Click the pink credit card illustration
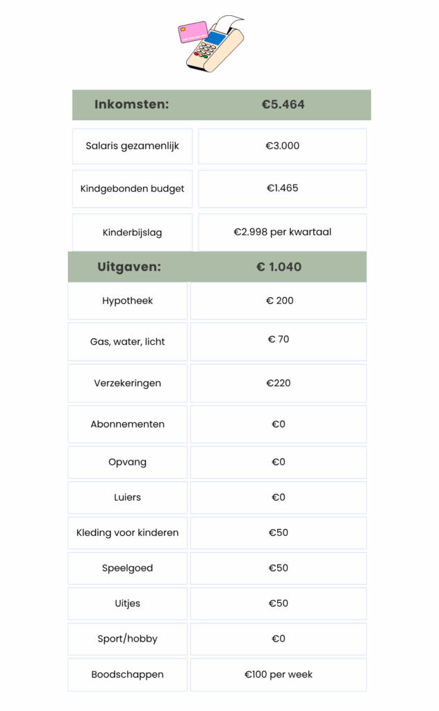[194, 32]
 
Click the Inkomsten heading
[132, 105]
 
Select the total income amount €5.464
[283, 105]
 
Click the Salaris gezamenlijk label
[133, 146]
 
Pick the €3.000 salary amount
[283, 146]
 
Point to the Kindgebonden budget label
[133, 189]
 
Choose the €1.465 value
[283, 188]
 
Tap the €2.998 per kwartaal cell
[283, 232]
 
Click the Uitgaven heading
[129, 267]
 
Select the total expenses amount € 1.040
[279, 267]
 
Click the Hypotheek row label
[128, 301]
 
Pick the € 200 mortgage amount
[279, 301]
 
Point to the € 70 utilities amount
[279, 340]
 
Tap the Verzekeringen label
[128, 383]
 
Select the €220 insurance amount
[279, 383]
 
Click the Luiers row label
[128, 497]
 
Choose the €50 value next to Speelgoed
[279, 568]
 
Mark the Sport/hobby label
[128, 639]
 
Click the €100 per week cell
[279, 674]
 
